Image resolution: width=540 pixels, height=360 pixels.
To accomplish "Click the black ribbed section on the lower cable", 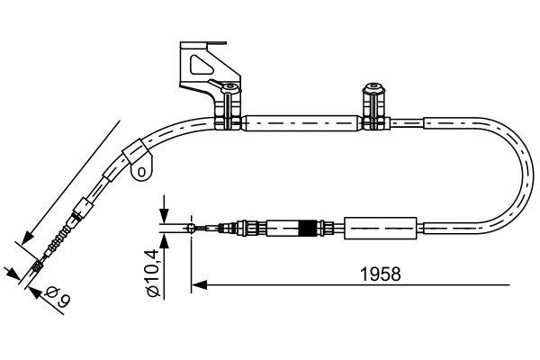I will click(x=312, y=229).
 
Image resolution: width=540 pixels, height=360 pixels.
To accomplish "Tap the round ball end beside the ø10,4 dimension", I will click(x=193, y=229).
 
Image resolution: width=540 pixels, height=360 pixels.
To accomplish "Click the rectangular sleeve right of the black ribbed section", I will click(x=382, y=229).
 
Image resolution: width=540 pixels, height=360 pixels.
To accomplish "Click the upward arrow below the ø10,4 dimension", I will click(x=166, y=241).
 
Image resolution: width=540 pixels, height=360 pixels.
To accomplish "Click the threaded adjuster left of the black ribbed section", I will click(x=247, y=229).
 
